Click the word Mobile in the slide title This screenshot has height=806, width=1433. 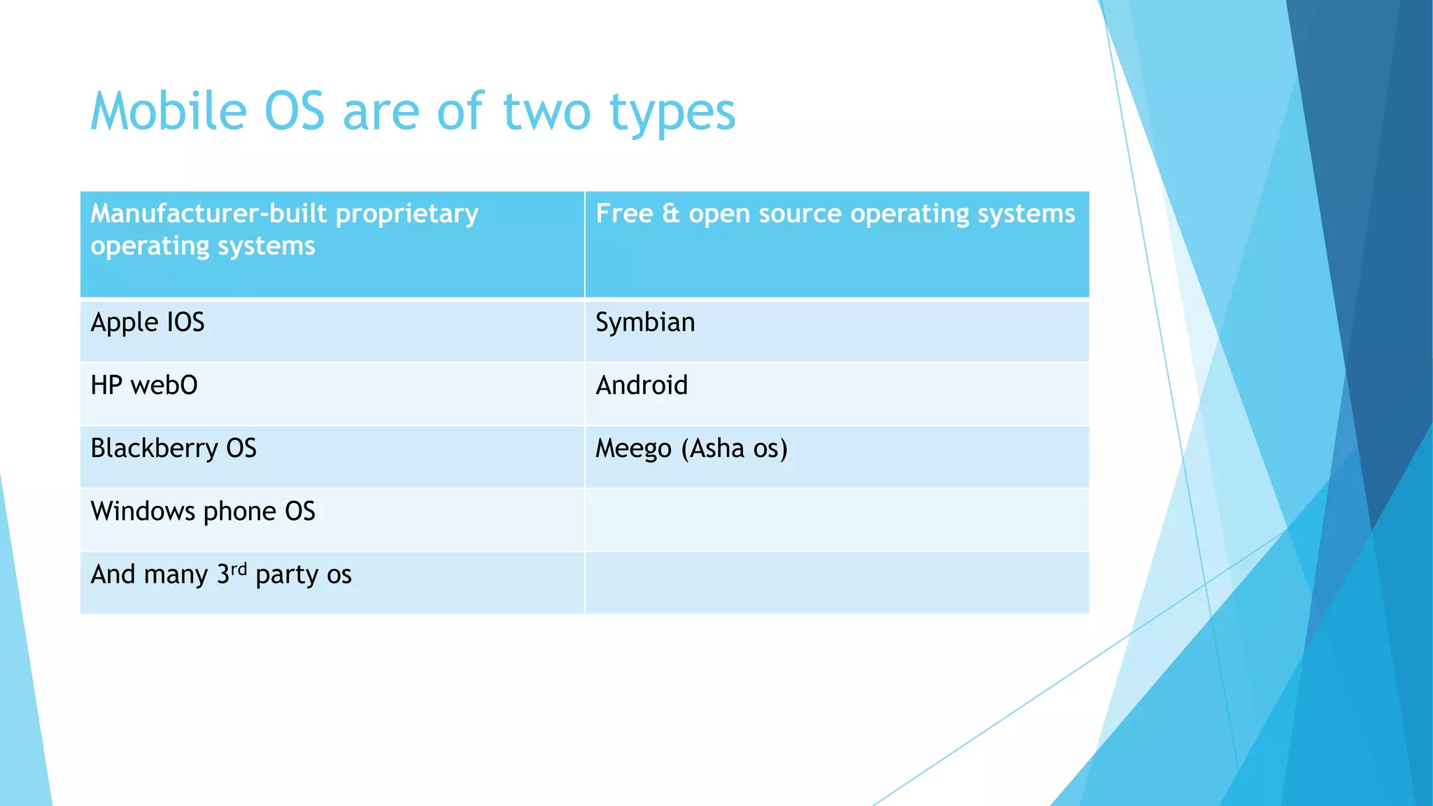click(169, 112)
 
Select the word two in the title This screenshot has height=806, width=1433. click(546, 112)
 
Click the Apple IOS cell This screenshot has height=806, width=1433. click(148, 323)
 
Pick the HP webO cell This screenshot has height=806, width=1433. click(144, 386)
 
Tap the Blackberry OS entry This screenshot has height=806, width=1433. click(174, 448)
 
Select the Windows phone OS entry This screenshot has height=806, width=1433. click(203, 511)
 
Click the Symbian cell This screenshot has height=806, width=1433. click(645, 323)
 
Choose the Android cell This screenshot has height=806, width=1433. click(642, 386)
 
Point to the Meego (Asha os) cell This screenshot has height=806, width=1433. click(691, 448)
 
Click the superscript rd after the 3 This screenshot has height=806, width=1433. click(239, 568)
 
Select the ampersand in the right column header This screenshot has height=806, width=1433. click(670, 213)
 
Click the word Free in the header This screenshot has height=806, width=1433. click(623, 213)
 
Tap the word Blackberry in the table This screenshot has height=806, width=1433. click(154, 448)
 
